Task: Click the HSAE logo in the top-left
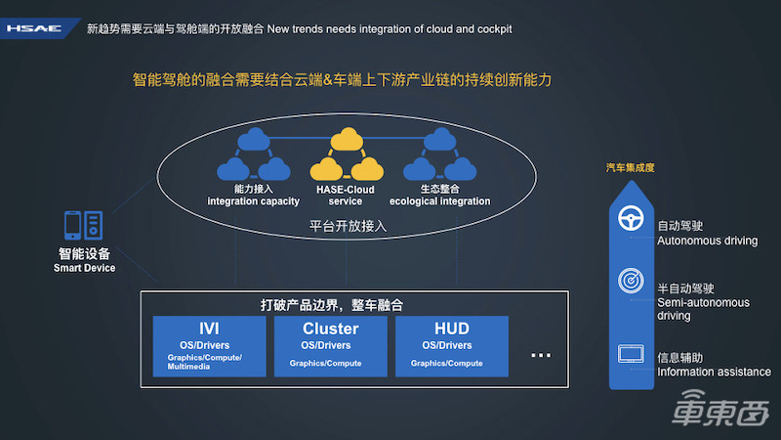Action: coord(34,28)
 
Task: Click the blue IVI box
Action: coord(210,345)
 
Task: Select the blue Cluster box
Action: coord(330,345)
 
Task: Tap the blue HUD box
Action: coord(452,345)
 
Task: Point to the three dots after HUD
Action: coord(541,355)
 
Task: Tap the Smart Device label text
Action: coord(84,260)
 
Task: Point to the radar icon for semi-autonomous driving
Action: coord(631,281)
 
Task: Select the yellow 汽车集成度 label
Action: coord(631,167)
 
